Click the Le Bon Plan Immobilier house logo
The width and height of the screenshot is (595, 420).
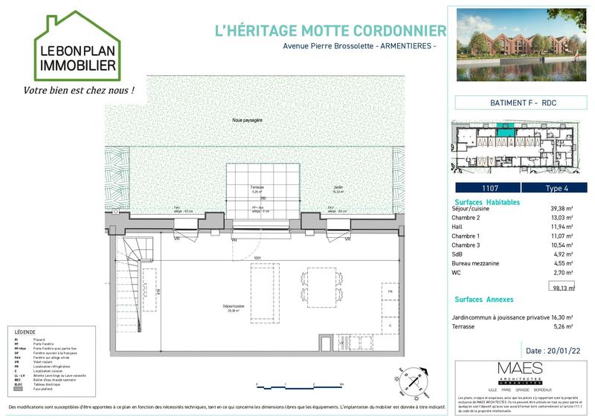click(77, 48)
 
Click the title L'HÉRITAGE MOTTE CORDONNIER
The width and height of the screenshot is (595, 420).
click(329, 30)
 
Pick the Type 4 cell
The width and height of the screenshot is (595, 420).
click(554, 187)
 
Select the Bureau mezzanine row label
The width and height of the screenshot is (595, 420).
click(477, 262)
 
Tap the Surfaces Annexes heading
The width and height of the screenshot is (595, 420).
click(483, 300)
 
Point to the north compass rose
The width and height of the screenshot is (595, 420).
click(414, 378)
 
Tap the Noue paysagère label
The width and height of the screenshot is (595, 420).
click(247, 120)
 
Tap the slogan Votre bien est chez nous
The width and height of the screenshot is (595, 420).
click(80, 91)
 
